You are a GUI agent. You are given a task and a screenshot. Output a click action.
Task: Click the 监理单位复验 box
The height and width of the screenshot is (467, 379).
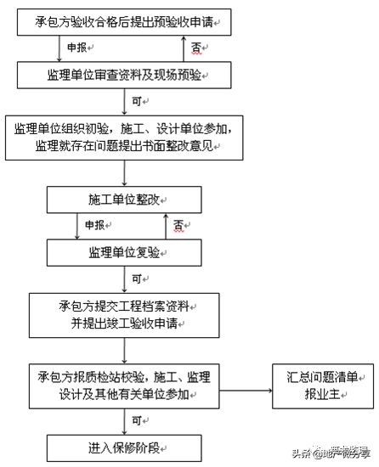125,252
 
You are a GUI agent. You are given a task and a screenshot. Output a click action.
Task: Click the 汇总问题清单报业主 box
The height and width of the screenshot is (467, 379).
320,385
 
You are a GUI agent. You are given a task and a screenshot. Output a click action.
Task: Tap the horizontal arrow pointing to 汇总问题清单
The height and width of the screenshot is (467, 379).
246,390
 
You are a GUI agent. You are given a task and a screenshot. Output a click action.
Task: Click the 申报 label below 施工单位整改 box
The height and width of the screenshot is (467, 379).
95,226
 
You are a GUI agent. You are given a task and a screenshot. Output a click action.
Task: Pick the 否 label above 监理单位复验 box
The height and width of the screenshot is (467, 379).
179,226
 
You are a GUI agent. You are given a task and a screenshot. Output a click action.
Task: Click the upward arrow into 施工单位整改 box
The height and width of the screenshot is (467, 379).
166,224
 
